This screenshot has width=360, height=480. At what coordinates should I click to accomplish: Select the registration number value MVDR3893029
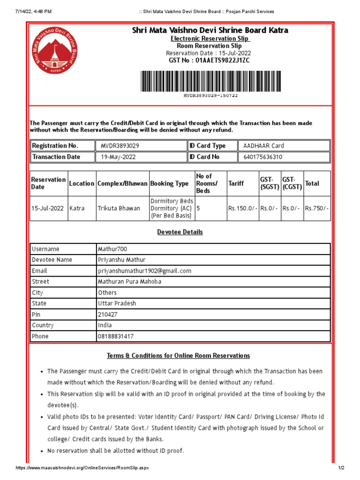click(x=120, y=146)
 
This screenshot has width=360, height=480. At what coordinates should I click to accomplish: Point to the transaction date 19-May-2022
click(x=118, y=157)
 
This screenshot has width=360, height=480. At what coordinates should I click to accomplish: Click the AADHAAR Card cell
click(x=263, y=146)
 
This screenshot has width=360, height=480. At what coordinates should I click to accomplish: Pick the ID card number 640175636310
click(x=262, y=157)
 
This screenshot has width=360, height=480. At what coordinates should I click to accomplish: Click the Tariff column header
click(x=236, y=183)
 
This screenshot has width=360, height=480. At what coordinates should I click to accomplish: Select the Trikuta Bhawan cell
click(x=119, y=208)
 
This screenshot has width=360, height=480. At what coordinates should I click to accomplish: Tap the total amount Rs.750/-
click(x=317, y=208)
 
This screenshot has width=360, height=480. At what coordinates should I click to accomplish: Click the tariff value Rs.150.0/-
click(x=242, y=208)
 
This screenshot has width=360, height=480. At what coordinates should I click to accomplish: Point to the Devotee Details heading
click(x=180, y=232)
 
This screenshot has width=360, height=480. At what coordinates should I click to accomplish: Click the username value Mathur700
click(x=112, y=249)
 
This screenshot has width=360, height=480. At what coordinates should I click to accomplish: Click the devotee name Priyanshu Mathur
click(x=121, y=260)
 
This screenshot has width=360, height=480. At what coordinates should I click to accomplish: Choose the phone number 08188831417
click(x=115, y=336)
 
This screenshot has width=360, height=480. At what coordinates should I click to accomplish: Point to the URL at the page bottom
click(x=82, y=468)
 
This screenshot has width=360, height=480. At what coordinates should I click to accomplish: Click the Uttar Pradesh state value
click(x=117, y=303)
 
